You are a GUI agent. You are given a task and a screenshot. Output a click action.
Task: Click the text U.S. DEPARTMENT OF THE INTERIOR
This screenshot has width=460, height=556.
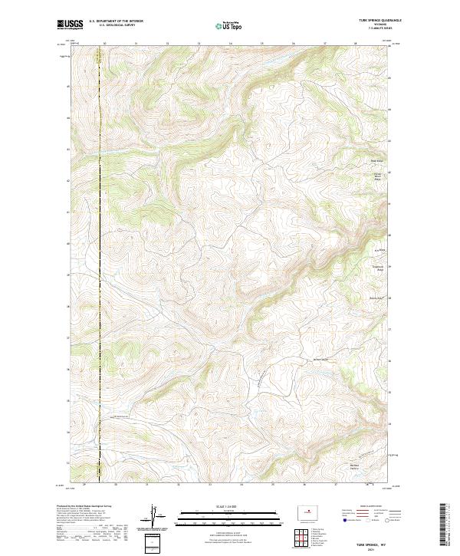pos(116,21)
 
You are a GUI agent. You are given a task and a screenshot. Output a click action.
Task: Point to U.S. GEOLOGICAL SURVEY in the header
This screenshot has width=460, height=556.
pos(116,25)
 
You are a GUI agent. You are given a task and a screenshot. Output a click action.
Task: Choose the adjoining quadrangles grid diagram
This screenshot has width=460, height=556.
pos(299,538)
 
